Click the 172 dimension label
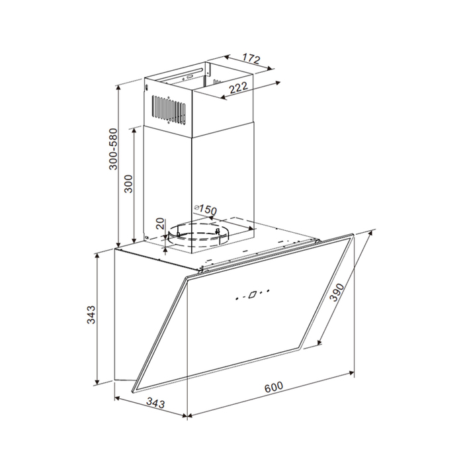click(x=251, y=58)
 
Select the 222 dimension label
click(x=238, y=88)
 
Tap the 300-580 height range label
click(x=113, y=149)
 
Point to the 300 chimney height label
click(x=128, y=183)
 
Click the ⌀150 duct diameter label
click(x=206, y=210)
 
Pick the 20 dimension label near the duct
click(x=159, y=224)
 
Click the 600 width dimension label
click(x=273, y=387)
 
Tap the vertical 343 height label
click(x=91, y=314)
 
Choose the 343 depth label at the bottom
click(x=155, y=403)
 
